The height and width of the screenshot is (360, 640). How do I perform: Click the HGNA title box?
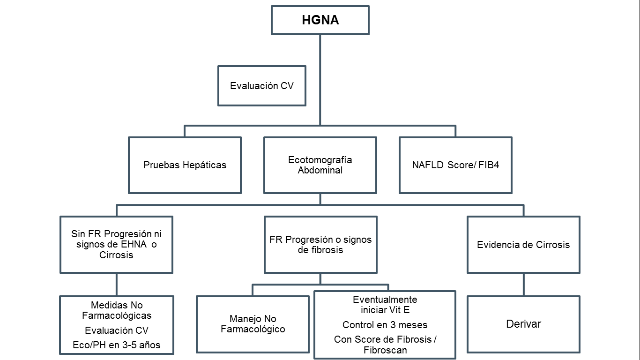pyautogui.click(x=320, y=21)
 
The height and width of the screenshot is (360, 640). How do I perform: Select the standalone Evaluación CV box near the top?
pyautogui.click(x=262, y=86)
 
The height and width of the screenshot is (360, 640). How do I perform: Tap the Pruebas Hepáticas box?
pyautogui.click(x=185, y=165)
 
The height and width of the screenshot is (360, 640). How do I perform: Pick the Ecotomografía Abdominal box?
pyautogui.click(x=320, y=165)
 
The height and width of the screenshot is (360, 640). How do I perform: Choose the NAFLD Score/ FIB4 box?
pyautogui.click(x=455, y=165)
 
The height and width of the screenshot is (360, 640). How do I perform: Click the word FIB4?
pyautogui.click(x=489, y=165)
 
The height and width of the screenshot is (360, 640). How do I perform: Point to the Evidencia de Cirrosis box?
pyautogui.click(x=523, y=245)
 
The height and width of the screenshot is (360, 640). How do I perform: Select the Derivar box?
pyautogui.click(x=523, y=324)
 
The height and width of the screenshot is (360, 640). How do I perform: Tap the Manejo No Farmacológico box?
pyautogui.click(x=253, y=324)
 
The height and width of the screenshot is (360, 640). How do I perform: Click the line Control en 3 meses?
pyautogui.click(x=385, y=325)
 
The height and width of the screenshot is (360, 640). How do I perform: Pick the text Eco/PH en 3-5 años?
pyautogui.click(x=117, y=345)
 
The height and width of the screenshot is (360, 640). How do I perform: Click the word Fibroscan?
pyautogui.click(x=385, y=350)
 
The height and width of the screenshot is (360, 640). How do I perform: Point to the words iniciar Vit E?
pyautogui.click(x=385, y=310)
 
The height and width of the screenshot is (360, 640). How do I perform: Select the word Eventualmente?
pyautogui.click(x=385, y=300)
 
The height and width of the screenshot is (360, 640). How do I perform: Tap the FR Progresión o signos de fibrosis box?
pyautogui.click(x=320, y=245)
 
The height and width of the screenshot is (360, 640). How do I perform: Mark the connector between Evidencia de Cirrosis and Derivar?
pyautogui.click(x=523, y=285)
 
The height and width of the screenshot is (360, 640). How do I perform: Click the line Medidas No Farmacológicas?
pyautogui.click(x=117, y=310)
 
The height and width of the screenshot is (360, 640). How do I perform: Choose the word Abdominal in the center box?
pyautogui.click(x=320, y=171)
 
